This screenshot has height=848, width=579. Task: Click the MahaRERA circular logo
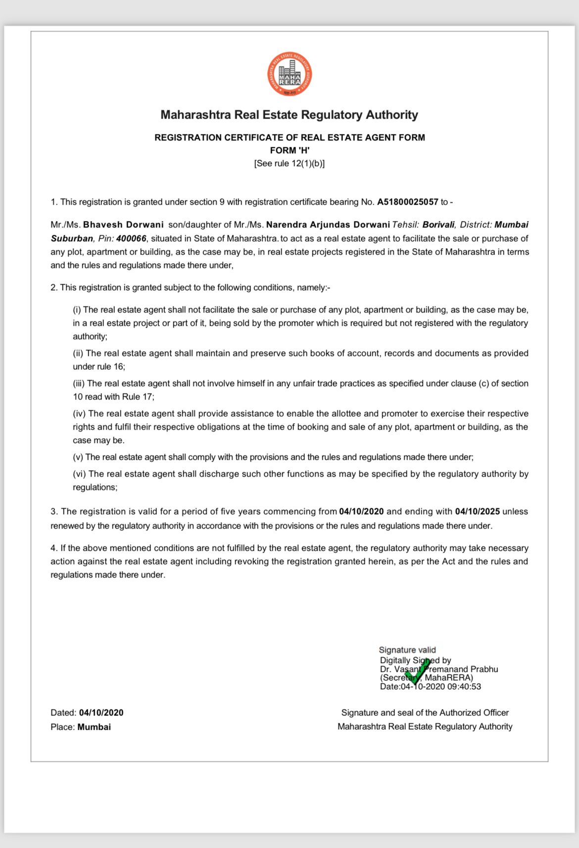[x=289, y=74]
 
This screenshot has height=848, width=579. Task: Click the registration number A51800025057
[x=407, y=202]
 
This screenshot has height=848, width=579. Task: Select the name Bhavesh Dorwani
[x=123, y=224]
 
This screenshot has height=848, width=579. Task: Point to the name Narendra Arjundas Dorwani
[x=328, y=224]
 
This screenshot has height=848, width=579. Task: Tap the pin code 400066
[x=131, y=238]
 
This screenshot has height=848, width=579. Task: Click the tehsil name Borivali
[x=438, y=224]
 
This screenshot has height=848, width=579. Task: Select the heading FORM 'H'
[x=289, y=150]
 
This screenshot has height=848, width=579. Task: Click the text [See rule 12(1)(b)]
[x=289, y=163]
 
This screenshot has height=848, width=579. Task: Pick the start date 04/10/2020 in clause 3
[x=361, y=511]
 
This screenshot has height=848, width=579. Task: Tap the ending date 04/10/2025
[x=477, y=511]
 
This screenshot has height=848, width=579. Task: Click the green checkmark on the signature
[x=417, y=671]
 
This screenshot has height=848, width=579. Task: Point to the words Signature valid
[x=407, y=650]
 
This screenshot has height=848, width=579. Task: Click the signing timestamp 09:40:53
[x=465, y=686]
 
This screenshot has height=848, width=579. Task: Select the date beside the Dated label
[x=101, y=713]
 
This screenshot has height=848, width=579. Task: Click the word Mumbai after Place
[x=94, y=727]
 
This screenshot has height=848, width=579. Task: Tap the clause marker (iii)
[x=79, y=383]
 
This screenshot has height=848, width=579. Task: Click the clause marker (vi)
[x=80, y=474]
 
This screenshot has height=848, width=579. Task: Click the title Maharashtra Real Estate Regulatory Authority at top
[x=289, y=115]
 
